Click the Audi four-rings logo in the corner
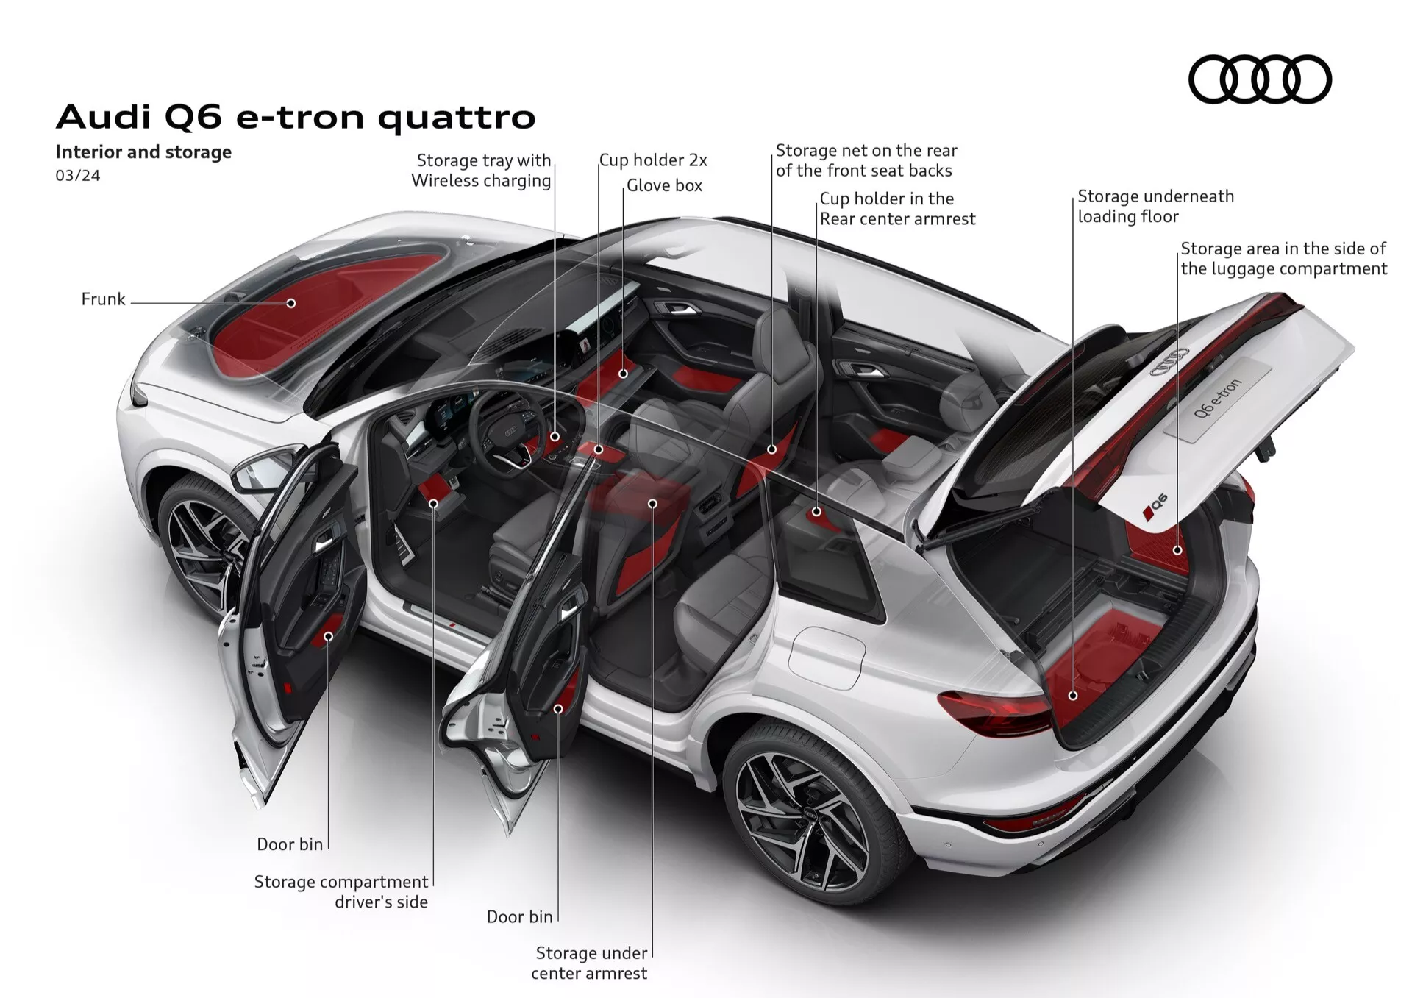[x=1259, y=79]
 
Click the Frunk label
[x=103, y=299]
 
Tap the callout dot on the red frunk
[x=291, y=303]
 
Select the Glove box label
[x=664, y=186]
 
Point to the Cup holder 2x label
[x=653, y=160]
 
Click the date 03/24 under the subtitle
[x=77, y=176]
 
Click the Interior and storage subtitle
[x=143, y=152]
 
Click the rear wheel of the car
[x=802, y=816]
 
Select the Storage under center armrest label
[x=591, y=963]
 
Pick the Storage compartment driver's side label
[x=342, y=891]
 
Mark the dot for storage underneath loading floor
[x=1073, y=695]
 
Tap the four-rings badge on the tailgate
[x=1169, y=361]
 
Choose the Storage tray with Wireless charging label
[x=482, y=171]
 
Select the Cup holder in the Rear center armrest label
[x=897, y=209]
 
